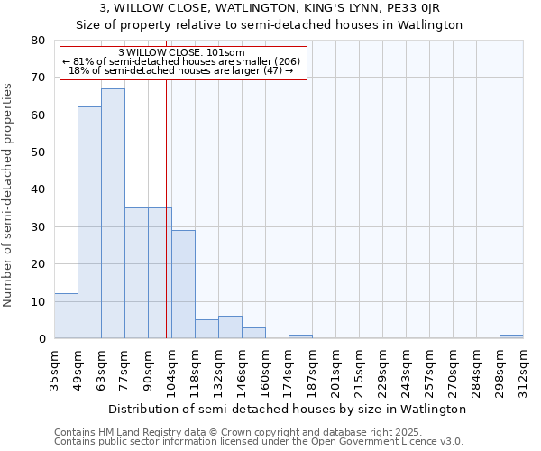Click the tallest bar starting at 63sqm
coord(113,214)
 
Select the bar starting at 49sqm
coord(89,223)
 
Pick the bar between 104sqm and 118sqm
coord(183,284)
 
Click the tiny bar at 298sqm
coord(511,336)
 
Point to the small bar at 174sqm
coord(300,336)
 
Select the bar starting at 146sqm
coord(253,333)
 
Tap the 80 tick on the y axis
coord(38,41)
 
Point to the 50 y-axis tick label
coord(38,152)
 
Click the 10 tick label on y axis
coord(38,301)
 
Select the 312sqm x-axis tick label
coord(523,368)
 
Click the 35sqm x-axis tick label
coord(54,368)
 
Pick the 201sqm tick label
coord(335,368)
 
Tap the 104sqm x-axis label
coord(171,368)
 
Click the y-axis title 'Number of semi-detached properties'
coord(8,194)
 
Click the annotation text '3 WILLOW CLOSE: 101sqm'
coord(181,53)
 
